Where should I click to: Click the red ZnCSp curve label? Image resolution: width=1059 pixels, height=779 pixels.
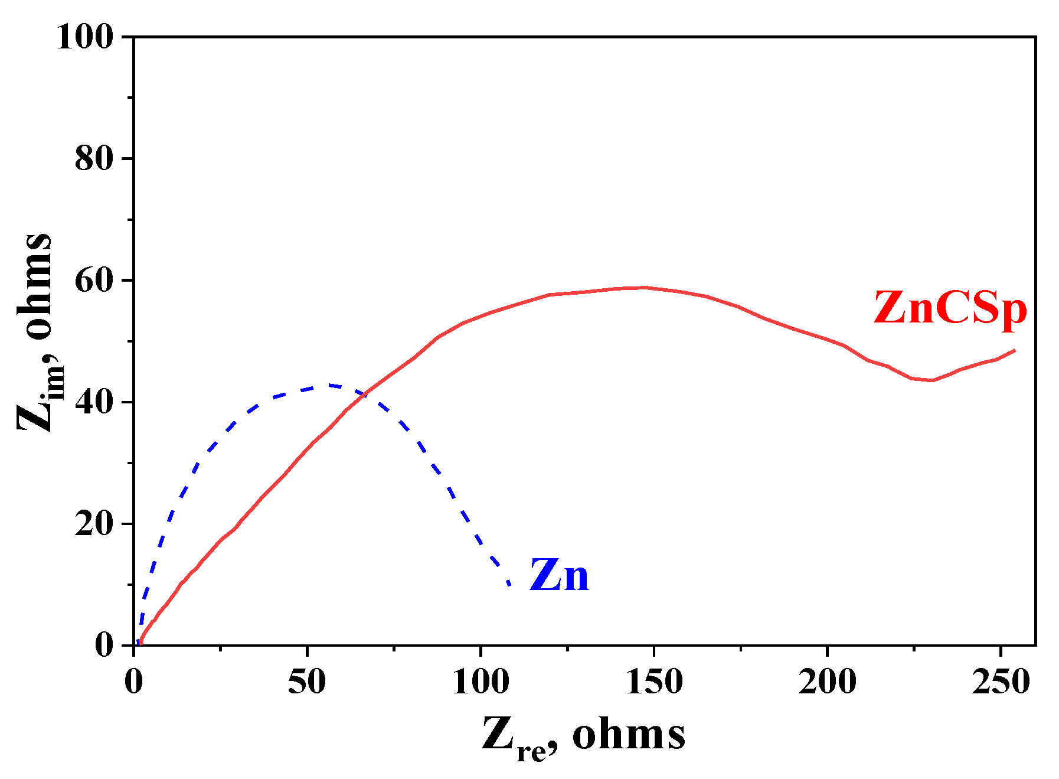950,309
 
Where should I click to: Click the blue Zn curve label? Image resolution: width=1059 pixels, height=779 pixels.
559,576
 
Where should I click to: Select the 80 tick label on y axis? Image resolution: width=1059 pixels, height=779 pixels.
94,158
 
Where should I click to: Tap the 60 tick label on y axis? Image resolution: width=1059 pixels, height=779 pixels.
94,281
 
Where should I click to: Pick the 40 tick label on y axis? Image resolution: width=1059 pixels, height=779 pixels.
94,402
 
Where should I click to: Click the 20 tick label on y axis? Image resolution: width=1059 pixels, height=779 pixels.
94,524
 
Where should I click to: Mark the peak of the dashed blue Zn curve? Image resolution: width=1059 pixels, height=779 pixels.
331,386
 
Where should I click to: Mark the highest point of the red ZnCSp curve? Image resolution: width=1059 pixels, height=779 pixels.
643,288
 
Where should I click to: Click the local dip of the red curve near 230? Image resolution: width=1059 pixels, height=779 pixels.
931,380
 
